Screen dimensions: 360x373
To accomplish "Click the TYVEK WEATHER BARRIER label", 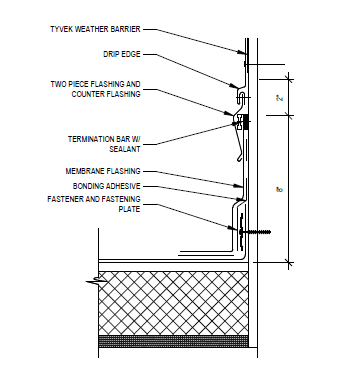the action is click(95, 29).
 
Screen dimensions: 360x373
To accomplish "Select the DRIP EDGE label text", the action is click(122, 54).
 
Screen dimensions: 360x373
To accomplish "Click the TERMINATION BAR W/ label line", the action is click(104, 139).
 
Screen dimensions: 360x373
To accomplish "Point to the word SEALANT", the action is click(125, 149).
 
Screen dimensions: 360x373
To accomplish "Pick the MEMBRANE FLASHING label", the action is click(103, 171).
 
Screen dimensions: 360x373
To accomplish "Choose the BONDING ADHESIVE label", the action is click(107, 186).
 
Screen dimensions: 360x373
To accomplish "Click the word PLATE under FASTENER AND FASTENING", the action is click(129, 209).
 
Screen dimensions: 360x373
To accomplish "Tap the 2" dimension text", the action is click(280, 98).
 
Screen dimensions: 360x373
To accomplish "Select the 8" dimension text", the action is click(279, 190).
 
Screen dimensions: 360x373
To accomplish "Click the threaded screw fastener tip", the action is click(269, 231).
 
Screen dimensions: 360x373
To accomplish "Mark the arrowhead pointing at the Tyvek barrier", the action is click(242, 52).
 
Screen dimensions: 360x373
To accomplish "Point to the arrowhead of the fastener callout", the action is click(236, 229).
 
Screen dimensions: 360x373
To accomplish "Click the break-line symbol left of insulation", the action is click(96, 282).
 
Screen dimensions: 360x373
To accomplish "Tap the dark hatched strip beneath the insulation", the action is click(173, 341).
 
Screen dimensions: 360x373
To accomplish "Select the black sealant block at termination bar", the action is click(246, 122).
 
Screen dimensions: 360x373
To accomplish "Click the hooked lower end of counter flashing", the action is click(239, 159).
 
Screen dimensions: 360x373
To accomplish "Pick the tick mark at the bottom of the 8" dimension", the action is click(289, 263).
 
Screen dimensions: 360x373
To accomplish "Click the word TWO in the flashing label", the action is click(58, 84).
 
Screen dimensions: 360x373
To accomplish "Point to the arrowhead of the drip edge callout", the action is click(234, 86).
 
